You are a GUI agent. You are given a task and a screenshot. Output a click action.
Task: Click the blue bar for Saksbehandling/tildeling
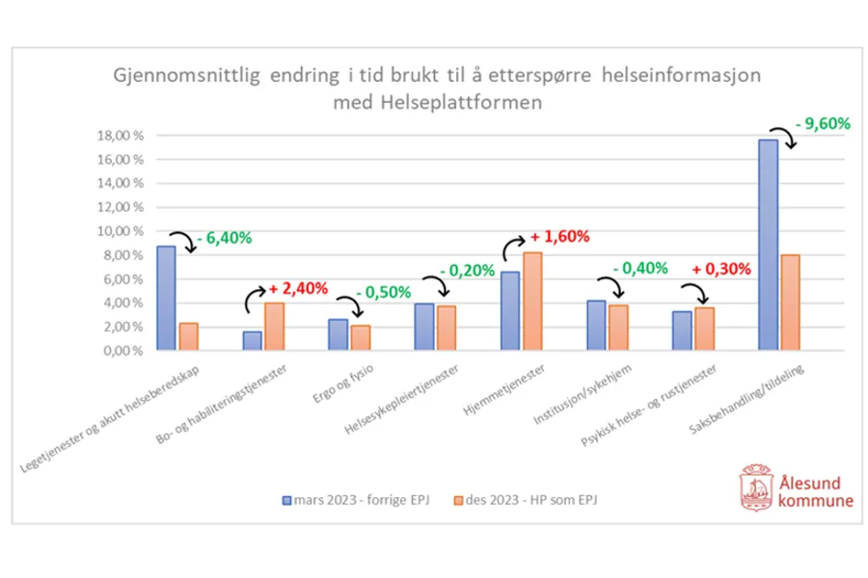click(768, 247)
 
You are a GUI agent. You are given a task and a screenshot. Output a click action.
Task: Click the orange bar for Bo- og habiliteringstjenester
click(275, 328)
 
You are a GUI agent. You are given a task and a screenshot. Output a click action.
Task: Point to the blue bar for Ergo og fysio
click(338, 336)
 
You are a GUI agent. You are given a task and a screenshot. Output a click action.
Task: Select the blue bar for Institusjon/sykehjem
click(597, 327)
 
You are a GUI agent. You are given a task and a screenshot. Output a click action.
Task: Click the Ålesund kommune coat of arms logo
click(755, 486)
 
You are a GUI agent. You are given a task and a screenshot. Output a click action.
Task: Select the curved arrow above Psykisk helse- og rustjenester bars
click(692, 292)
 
